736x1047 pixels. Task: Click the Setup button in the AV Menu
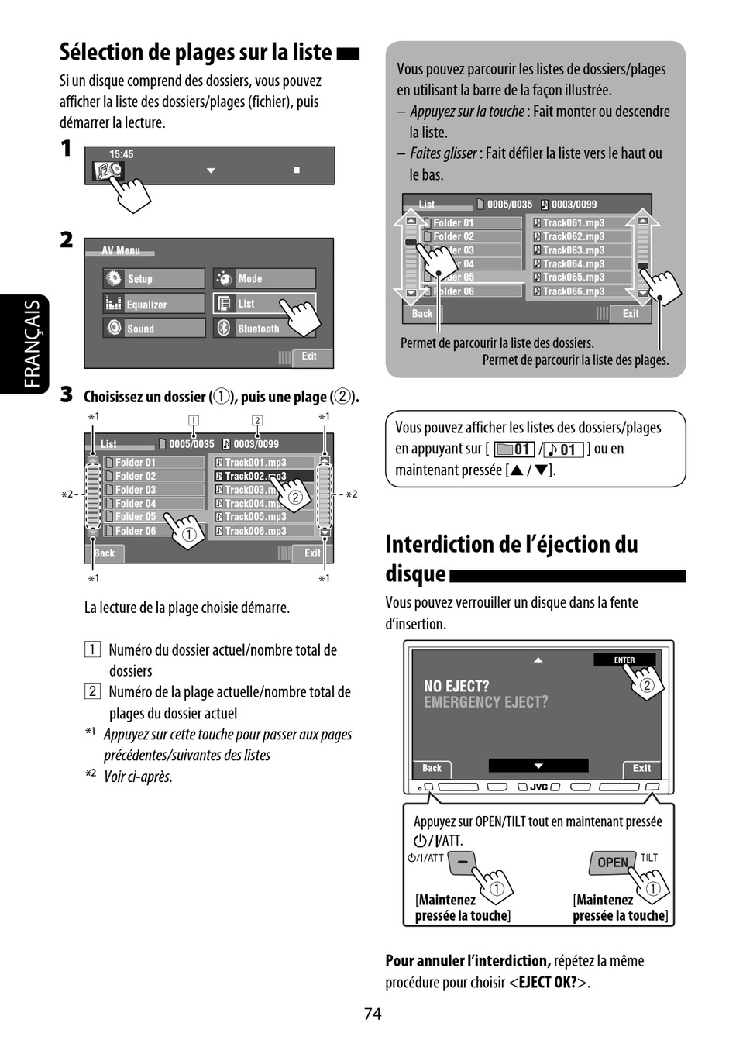[x=153, y=278]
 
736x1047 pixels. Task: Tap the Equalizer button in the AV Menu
[x=153, y=304]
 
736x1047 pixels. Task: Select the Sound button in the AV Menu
[x=153, y=329]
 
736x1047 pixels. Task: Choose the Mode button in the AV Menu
[x=263, y=278]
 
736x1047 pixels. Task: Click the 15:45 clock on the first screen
[x=121, y=154]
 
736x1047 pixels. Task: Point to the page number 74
[x=373, y=1014]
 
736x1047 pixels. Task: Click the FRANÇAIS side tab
[x=32, y=344]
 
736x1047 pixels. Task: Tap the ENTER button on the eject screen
[x=624, y=660]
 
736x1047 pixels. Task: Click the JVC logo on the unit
[x=539, y=787]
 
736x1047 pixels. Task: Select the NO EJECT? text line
[x=456, y=686]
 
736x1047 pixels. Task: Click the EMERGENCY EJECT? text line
[x=486, y=702]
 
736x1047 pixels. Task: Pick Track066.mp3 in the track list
[x=573, y=291]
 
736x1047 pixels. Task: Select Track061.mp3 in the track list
[x=573, y=222]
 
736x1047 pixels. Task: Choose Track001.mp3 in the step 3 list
[x=256, y=462]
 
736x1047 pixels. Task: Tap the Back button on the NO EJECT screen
[x=432, y=768]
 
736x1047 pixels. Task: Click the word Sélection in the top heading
[x=101, y=52]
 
